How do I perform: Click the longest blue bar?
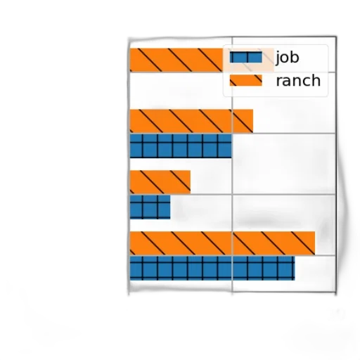click(x=212, y=268)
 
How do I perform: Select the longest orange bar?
click(x=222, y=243)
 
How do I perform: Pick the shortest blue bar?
click(x=150, y=207)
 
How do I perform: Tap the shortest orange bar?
click(x=160, y=182)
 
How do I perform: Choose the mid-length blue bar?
click(x=181, y=146)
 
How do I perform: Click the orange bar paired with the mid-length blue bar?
click(x=191, y=121)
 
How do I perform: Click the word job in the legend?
click(x=288, y=58)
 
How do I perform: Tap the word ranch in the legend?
click(x=298, y=80)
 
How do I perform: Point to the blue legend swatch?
click(x=245, y=57)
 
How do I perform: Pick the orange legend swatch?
click(x=245, y=80)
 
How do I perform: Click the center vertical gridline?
click(x=232, y=164)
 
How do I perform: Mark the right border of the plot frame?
click(x=336, y=164)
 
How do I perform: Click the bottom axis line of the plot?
click(x=232, y=292)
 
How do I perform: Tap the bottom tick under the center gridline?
click(x=232, y=293)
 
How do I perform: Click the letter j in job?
click(x=278, y=58)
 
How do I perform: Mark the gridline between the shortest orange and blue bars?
click(x=232, y=195)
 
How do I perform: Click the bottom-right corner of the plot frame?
click(x=336, y=292)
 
